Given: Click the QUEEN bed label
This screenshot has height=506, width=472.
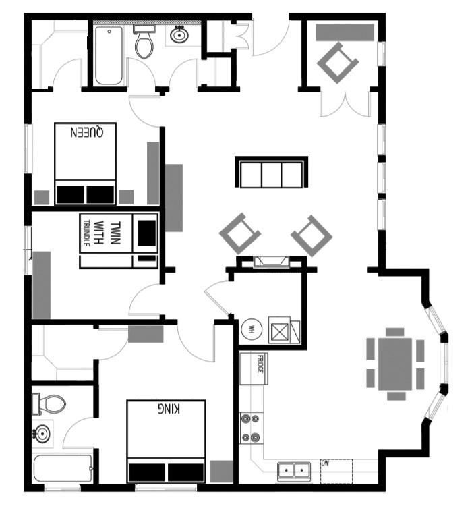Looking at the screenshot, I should point(86,133).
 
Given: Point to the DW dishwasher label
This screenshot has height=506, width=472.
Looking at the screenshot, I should point(325,463).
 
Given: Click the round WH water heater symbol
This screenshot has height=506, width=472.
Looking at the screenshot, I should point(251,330).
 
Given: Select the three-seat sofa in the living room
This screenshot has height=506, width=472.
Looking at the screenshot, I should point(271,173).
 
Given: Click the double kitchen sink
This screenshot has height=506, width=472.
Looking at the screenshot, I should point(294,470).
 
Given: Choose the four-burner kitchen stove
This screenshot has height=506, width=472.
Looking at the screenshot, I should point(252,428).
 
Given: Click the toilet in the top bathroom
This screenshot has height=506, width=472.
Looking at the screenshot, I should point(144,43).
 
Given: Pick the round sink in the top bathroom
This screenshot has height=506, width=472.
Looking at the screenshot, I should point(179,35).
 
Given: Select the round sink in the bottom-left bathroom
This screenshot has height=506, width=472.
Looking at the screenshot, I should point(42,432).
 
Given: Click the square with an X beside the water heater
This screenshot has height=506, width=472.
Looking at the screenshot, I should point(279,331).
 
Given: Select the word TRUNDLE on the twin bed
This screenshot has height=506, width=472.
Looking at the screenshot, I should point(87,233).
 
